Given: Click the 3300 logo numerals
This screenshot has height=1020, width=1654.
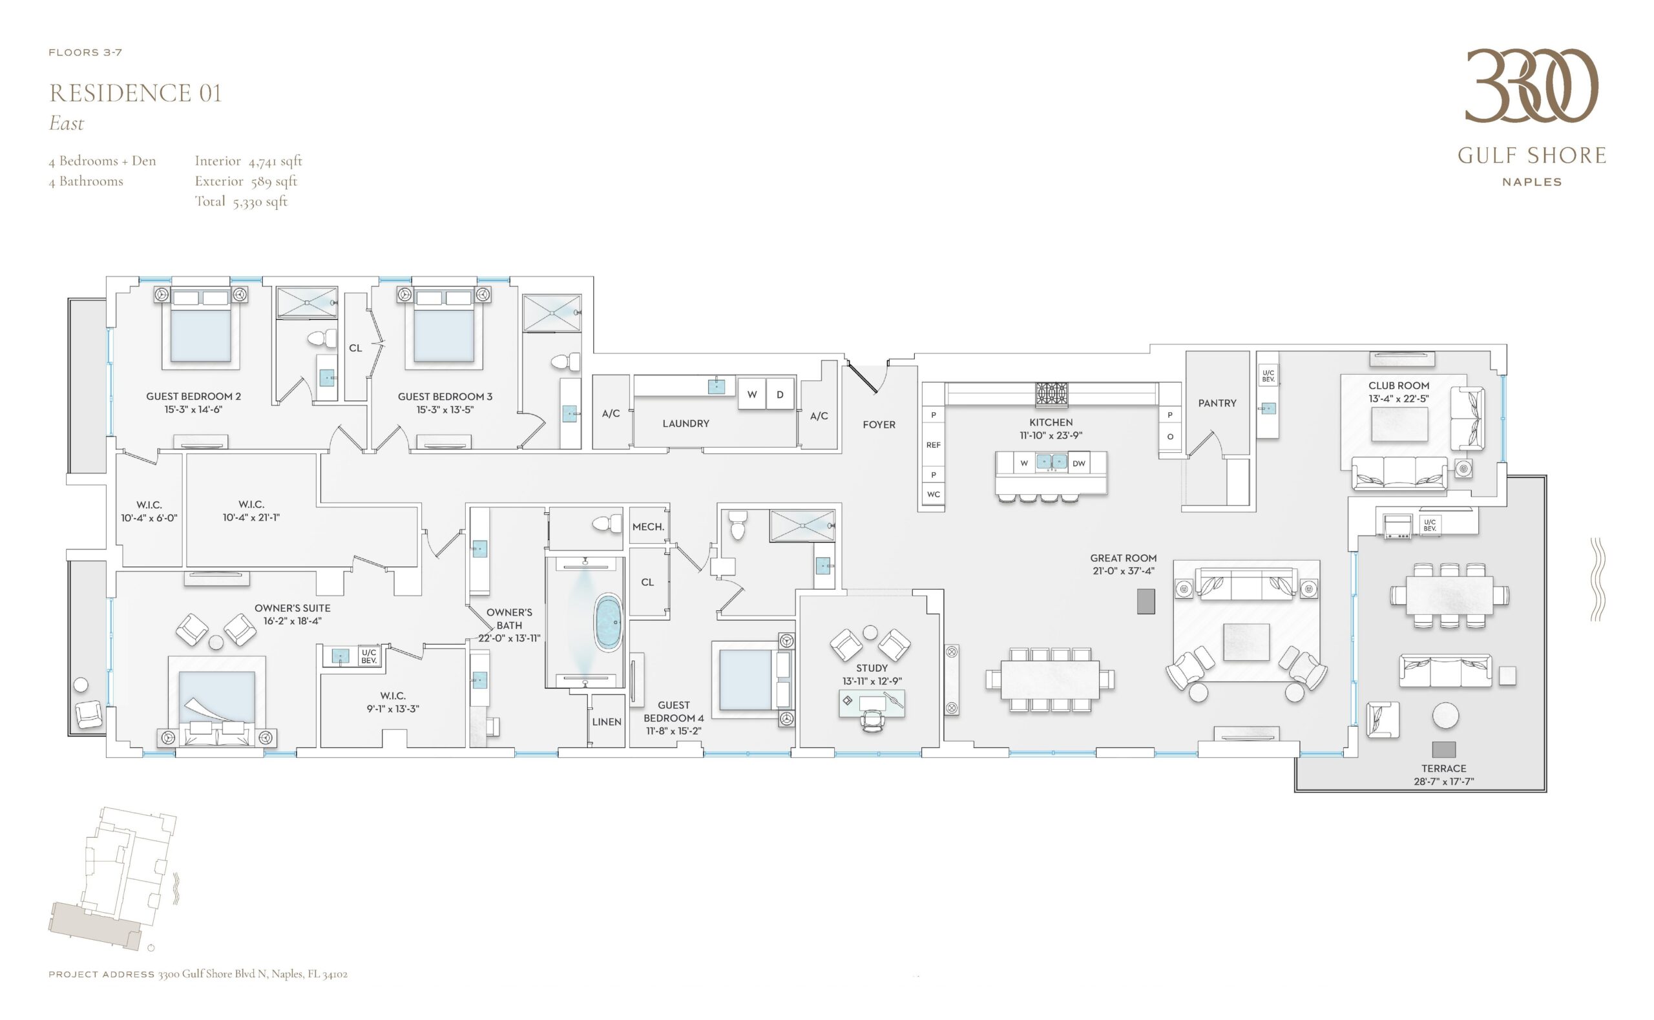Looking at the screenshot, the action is point(1531,86).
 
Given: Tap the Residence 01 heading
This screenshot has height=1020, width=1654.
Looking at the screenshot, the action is point(136,93).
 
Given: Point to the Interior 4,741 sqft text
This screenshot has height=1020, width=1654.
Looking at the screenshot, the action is point(248,161).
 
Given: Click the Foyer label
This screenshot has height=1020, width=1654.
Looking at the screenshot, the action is point(879,424).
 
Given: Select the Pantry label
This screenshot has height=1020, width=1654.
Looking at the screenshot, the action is point(1217,402).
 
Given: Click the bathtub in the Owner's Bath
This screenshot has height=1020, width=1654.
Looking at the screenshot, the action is point(608,623).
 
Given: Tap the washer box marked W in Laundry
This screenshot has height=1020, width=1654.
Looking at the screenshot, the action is point(752,395).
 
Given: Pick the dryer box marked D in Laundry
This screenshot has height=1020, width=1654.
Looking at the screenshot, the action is point(780,395).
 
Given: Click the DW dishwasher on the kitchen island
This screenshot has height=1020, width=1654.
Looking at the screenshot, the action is point(1078,463).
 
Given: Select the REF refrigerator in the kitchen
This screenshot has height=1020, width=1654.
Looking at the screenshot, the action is point(933,444).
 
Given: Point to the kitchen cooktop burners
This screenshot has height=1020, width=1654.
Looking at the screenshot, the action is point(1052,393).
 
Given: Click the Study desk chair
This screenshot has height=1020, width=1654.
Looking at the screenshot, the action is point(872,720).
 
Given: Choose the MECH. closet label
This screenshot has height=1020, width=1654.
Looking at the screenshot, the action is point(648,527).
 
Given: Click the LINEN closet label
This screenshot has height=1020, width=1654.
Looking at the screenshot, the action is point(607,722).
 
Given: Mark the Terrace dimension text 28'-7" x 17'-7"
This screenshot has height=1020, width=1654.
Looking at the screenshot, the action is point(1443,781).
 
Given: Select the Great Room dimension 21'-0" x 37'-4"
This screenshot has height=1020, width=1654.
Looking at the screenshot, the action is point(1123,570).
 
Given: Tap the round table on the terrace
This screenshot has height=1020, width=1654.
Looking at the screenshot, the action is point(1445,716).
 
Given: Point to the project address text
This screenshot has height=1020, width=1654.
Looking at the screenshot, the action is point(198,973).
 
